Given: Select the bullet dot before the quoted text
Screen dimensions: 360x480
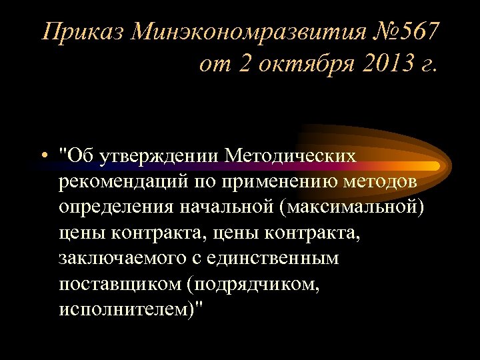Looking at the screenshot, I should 42,155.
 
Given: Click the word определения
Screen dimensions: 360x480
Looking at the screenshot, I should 116,207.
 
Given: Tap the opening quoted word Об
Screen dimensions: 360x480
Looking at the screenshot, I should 79,155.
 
